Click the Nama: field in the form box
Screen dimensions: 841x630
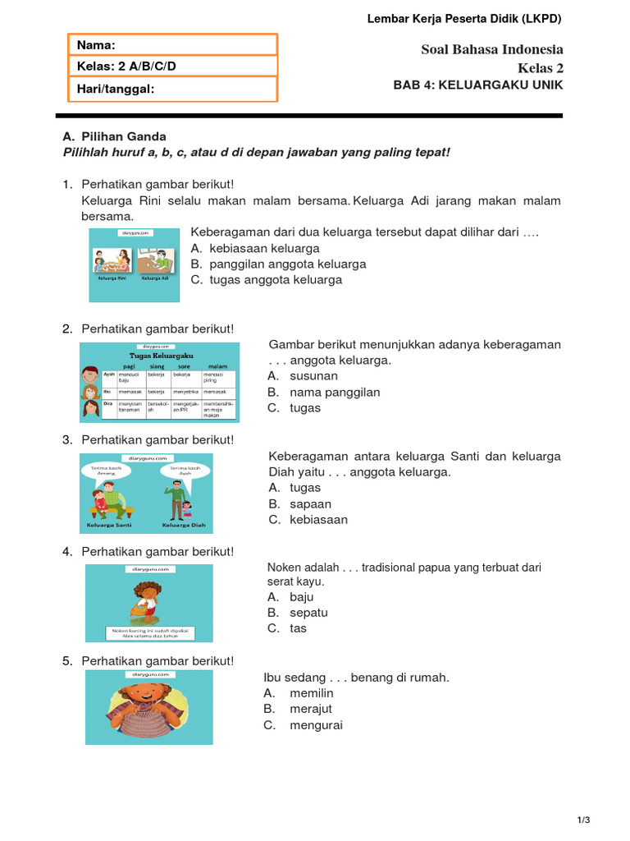tap(171, 45)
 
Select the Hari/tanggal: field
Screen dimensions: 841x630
tap(171, 89)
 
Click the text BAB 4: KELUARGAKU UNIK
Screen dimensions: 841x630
tap(478, 85)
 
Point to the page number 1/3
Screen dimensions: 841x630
tap(583, 820)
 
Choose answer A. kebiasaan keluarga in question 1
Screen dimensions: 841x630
tap(255, 248)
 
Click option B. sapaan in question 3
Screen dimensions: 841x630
tap(300, 503)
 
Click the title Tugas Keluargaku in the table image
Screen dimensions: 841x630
tap(160, 356)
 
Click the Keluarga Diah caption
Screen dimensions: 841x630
tap(184, 524)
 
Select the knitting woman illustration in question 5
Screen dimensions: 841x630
tap(148, 708)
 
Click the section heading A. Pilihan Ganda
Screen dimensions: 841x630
tap(114, 136)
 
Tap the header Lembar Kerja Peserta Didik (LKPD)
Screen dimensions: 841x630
tap(464, 19)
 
